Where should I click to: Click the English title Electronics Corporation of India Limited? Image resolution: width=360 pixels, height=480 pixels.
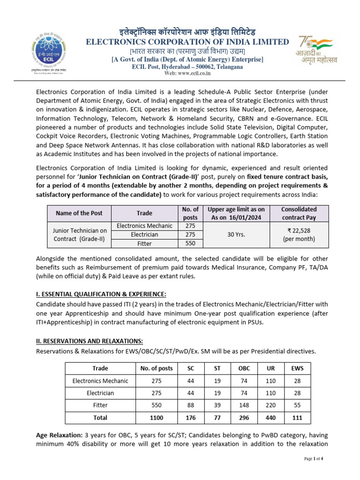(187, 42)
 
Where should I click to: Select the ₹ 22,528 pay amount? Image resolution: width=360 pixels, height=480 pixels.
(299, 230)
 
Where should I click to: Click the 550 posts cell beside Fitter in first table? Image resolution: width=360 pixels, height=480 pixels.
(190, 243)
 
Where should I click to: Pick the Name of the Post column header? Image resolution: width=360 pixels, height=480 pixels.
(79, 213)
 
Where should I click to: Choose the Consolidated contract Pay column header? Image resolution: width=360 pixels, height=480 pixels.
(299, 213)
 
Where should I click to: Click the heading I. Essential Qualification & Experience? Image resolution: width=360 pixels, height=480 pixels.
(101, 294)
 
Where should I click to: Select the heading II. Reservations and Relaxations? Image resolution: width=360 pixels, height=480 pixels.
(90, 341)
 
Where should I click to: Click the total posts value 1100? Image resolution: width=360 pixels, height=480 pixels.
(157, 417)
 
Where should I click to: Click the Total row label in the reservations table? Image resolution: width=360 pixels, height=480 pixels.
(100, 417)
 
